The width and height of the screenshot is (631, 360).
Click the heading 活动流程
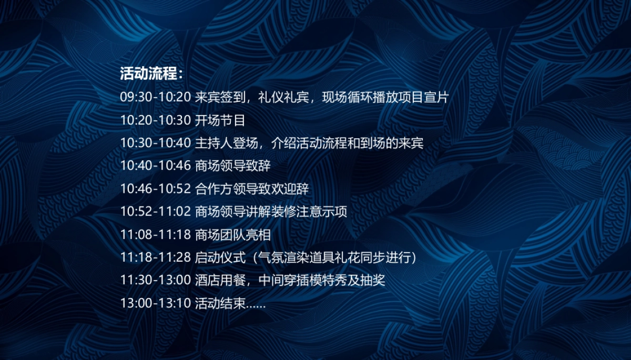tap(150, 74)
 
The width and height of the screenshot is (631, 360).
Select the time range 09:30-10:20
tap(156, 98)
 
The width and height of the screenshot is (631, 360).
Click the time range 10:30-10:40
tap(156, 143)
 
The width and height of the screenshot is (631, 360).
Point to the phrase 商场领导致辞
tap(233, 166)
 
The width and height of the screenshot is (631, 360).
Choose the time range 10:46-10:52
tap(156, 189)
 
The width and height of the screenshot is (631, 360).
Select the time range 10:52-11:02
tap(156, 212)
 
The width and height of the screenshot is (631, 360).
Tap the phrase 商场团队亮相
tap(233, 235)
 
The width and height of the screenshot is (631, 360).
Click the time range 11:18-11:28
tap(156, 258)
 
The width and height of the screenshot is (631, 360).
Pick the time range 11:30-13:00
tap(156, 280)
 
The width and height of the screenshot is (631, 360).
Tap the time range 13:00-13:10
tap(156, 303)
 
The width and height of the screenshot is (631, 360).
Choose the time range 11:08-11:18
tap(156, 235)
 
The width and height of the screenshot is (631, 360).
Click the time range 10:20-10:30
tap(156, 120)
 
